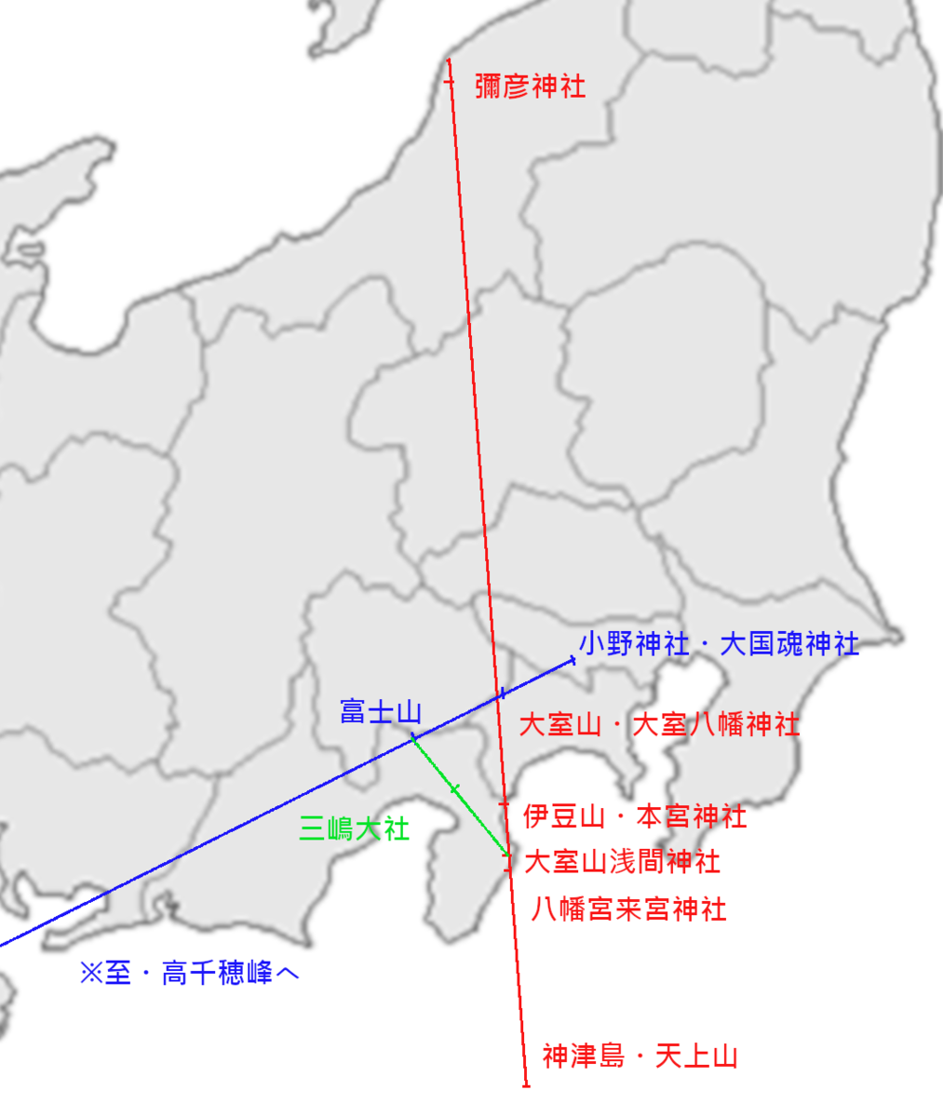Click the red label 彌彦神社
pyautogui.click(x=530, y=87)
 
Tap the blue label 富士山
pyautogui.click(x=380, y=712)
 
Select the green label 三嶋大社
pyautogui.click(x=354, y=828)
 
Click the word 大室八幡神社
pyautogui.click(x=716, y=724)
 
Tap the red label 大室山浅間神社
pyautogui.click(x=622, y=861)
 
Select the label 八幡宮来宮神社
pyautogui.click(x=628, y=908)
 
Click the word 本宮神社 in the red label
pyautogui.click(x=692, y=816)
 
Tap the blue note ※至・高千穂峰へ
pyautogui.click(x=189, y=974)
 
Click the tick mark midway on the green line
pyautogui.click(x=454, y=789)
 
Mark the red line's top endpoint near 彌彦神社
pyautogui.click(x=449, y=61)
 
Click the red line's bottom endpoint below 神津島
pyautogui.click(x=526, y=1085)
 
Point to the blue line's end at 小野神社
pyautogui.click(x=573, y=660)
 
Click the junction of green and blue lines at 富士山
pyautogui.click(x=413, y=738)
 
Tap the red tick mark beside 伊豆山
pyautogui.click(x=505, y=804)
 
